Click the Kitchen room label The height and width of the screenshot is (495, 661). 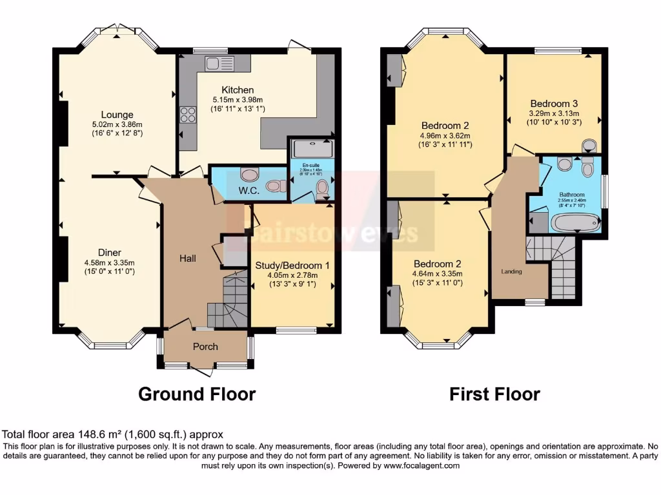tap(238, 90)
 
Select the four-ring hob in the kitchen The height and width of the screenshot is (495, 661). tap(187, 115)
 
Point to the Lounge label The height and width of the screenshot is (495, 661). tap(117, 115)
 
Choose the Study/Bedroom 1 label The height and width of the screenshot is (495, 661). tap(292, 265)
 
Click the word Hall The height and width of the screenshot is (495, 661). tap(187, 258)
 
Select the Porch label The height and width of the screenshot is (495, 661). tap(205, 346)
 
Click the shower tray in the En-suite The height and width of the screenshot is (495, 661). tap(312, 150)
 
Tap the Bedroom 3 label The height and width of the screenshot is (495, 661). tap(554, 103)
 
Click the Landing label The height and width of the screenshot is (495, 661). tap(511, 271)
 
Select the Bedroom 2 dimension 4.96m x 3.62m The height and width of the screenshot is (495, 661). tap(445, 135)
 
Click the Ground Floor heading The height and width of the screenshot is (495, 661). tap(197, 394)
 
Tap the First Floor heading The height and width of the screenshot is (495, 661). tap(494, 394)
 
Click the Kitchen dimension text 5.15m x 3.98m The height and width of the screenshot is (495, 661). tap(238, 100)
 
